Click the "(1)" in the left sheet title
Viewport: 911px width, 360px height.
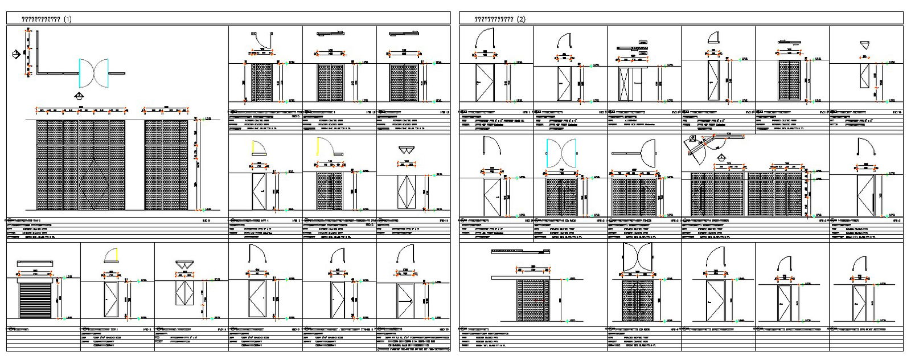click(68, 19)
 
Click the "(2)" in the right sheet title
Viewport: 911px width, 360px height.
click(522, 19)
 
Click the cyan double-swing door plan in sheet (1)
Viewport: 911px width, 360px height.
click(94, 72)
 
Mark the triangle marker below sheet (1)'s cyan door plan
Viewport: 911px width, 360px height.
click(79, 96)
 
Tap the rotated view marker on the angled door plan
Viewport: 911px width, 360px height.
click(693, 138)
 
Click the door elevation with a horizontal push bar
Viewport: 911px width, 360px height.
click(405, 301)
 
